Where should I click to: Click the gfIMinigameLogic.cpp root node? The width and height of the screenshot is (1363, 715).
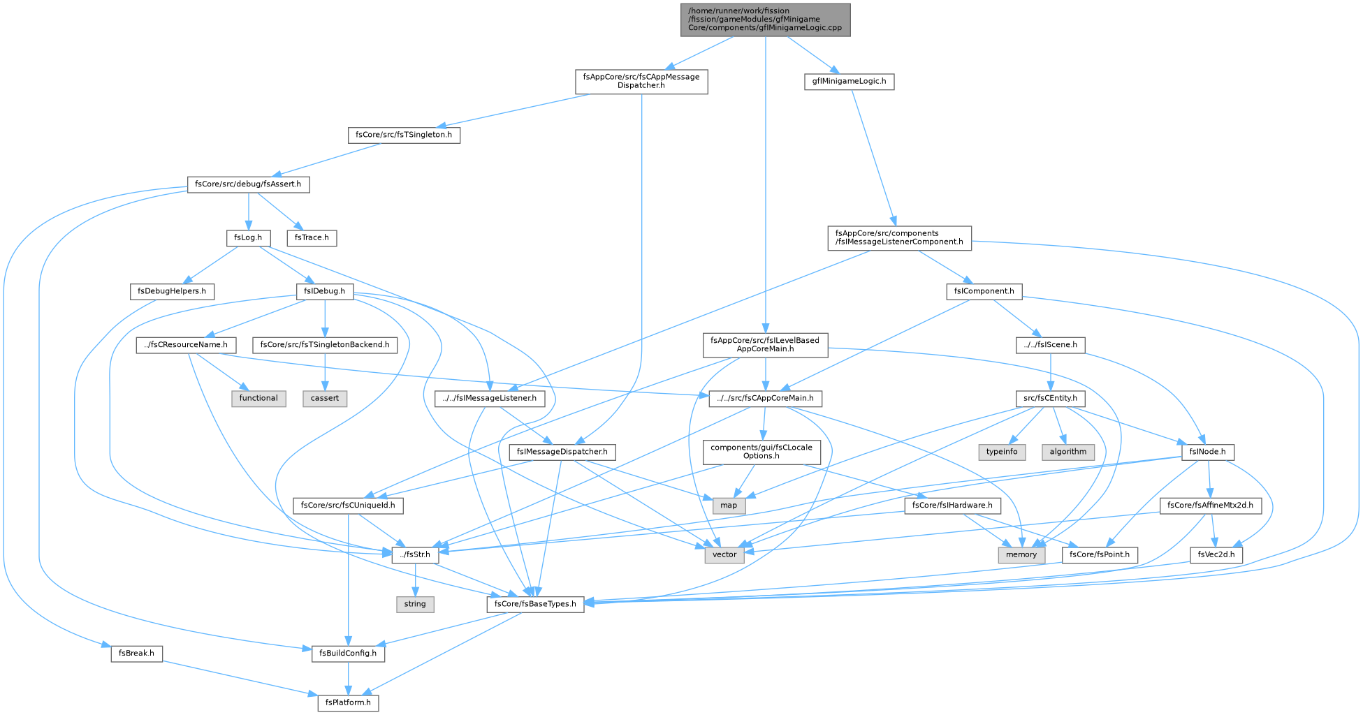pos(766,20)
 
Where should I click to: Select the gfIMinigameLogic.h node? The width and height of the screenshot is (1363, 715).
pos(849,82)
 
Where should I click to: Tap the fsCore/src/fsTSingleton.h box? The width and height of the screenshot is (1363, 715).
pos(404,135)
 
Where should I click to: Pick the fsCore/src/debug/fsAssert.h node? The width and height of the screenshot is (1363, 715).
pos(248,184)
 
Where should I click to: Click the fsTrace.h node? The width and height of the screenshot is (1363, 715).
pos(312,237)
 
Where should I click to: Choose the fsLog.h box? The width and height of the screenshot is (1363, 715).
pos(248,237)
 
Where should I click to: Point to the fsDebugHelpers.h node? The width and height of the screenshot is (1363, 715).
pos(172,291)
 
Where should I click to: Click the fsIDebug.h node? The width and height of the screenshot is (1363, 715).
pos(325,291)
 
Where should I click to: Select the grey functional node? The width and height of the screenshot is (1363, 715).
pos(258,398)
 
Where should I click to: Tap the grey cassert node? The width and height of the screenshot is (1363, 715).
pos(325,398)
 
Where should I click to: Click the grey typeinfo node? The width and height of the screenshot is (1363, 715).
pos(1002,452)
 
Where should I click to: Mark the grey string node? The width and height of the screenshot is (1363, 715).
pos(415,604)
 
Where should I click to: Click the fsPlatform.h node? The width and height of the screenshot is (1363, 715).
pos(349,702)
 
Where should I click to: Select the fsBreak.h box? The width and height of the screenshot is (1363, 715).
pos(137,654)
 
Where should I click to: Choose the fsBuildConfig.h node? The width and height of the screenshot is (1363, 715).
pos(348,654)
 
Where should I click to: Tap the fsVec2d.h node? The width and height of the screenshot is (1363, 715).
pos(1216,555)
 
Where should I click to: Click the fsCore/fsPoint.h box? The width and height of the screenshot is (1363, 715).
pos(1100,555)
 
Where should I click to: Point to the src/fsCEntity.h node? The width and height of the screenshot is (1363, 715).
pos(1050,398)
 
